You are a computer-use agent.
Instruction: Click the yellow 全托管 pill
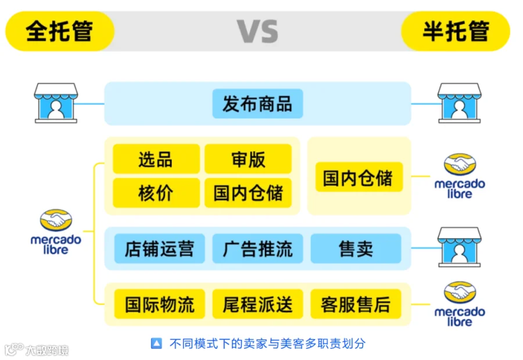point(59,31)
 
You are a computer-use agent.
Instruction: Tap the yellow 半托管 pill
point(456,31)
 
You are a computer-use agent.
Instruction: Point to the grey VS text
point(257,31)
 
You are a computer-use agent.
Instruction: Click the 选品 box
point(156,159)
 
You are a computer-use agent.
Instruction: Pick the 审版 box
point(248,159)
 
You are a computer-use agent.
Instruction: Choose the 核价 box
point(156,193)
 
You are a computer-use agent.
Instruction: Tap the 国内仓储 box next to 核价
point(248,193)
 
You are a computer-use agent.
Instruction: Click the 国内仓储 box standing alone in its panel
point(359,177)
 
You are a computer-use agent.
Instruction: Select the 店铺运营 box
point(159,248)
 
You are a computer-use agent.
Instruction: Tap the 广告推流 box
point(257,248)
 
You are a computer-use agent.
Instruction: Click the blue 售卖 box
point(356,248)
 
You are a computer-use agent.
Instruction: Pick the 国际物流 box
point(160,304)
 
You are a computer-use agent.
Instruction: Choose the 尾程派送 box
point(257,304)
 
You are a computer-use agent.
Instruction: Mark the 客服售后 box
point(356,304)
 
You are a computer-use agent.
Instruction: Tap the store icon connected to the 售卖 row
point(459,247)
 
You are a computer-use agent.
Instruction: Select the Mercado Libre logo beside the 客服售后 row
point(460,304)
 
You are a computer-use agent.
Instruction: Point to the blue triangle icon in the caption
point(156,343)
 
